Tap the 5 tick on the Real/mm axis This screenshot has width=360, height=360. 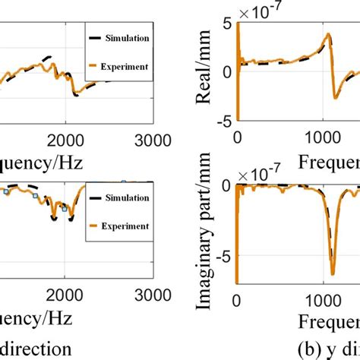tap(226, 25)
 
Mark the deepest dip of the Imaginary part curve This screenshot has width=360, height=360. tap(332, 273)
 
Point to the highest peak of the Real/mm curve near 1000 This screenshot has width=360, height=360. tap(327, 34)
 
